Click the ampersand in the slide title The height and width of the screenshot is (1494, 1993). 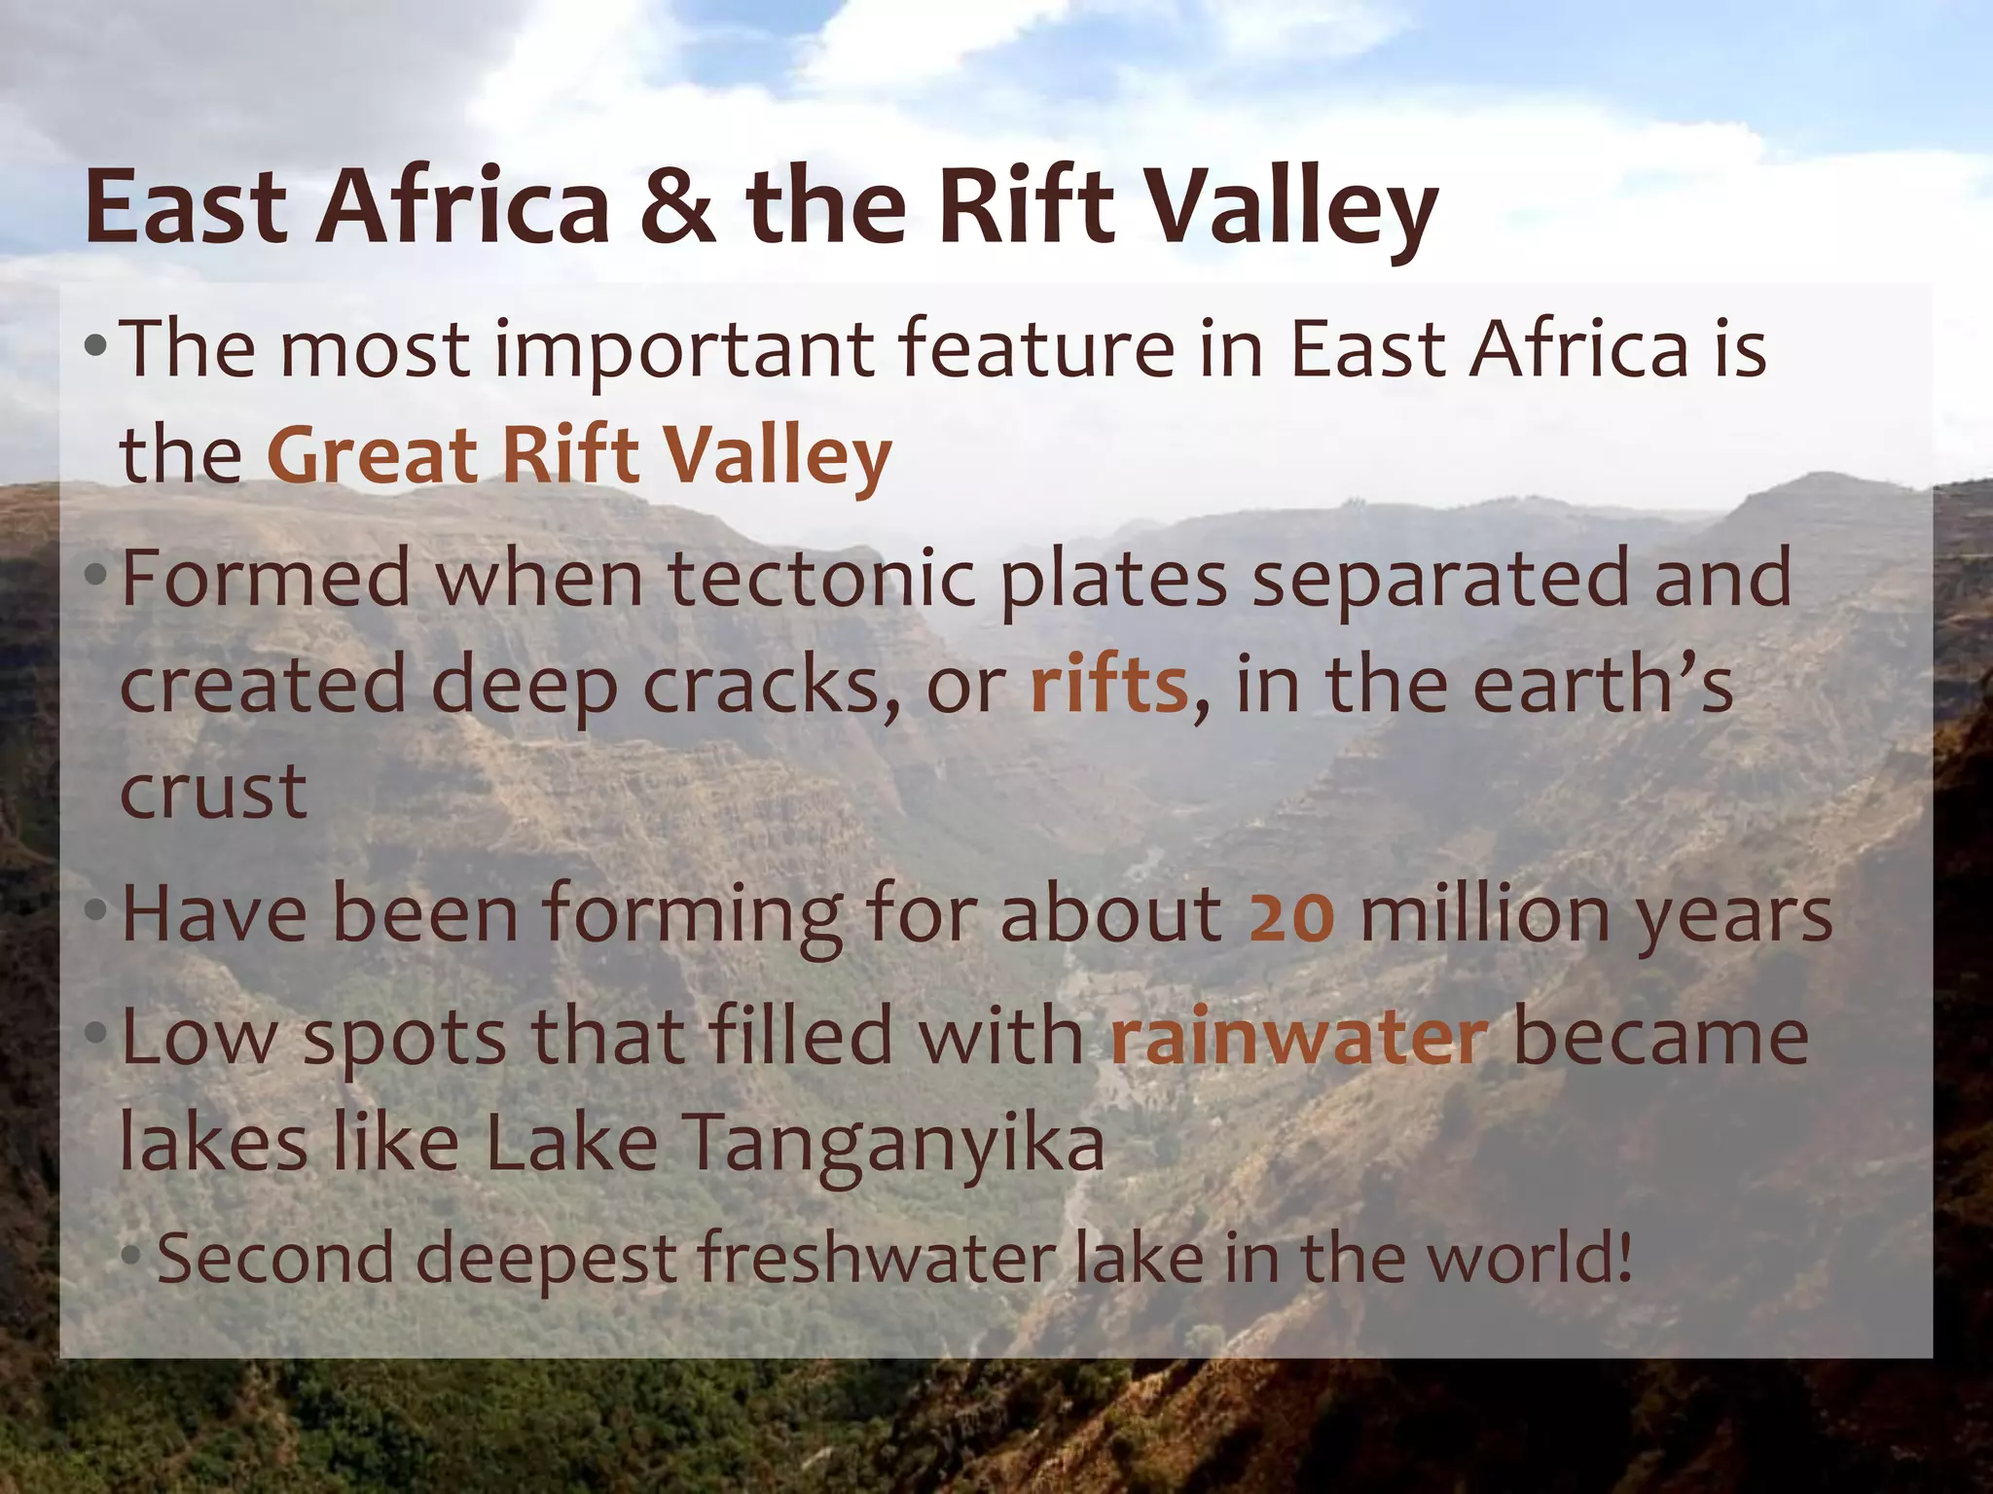[x=678, y=207]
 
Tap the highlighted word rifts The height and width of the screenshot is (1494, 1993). [x=1109, y=685]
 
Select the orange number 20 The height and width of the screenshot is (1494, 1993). [x=1291, y=916]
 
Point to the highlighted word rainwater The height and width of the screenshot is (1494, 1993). [x=1299, y=1039]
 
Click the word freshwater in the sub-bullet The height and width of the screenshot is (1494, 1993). [x=876, y=1258]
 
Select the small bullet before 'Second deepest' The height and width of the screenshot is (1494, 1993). [x=131, y=1257]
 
